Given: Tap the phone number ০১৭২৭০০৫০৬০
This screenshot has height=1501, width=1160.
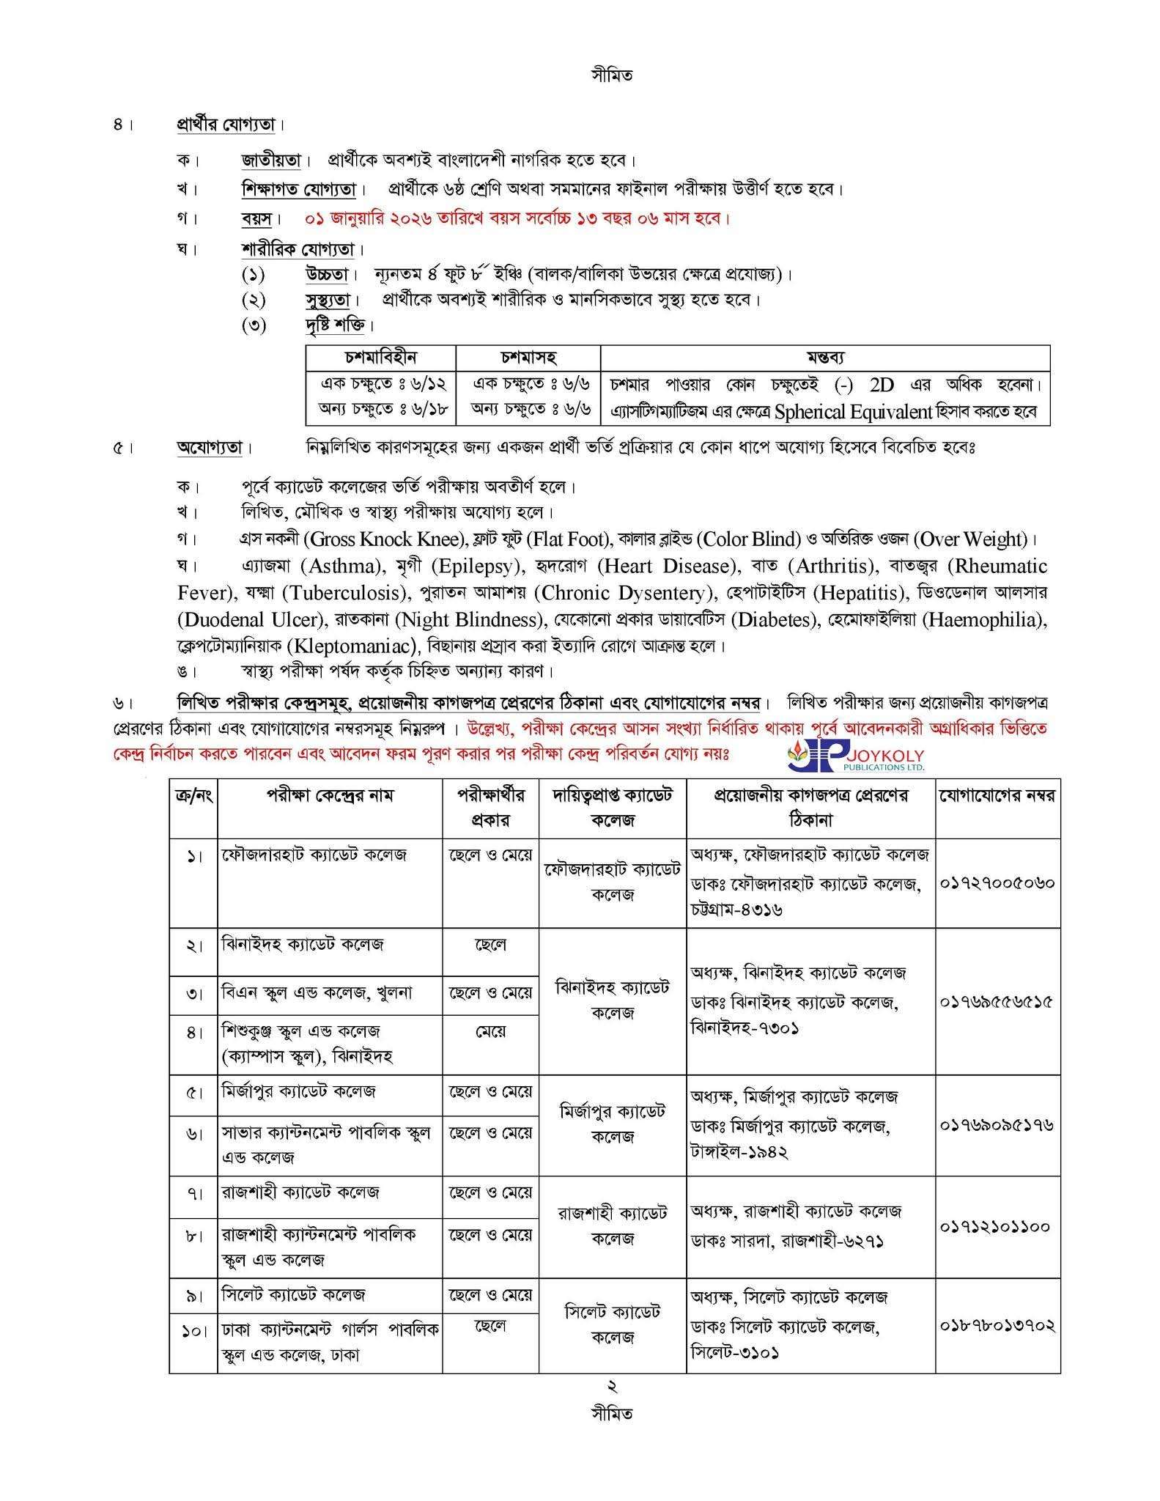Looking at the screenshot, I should click(x=997, y=883).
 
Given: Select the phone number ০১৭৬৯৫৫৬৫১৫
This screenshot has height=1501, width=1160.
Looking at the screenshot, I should click(x=997, y=1002).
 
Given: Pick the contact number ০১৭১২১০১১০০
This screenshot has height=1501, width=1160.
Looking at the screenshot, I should click(x=997, y=1226).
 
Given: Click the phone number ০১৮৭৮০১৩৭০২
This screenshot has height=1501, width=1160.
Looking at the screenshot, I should click(x=997, y=1325).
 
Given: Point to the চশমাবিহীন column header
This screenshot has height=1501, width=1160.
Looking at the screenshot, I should click(x=380, y=358).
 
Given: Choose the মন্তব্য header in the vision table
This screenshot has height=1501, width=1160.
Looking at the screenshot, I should click(x=825, y=358).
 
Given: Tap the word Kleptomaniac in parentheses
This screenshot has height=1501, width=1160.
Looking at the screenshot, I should click(x=355, y=646).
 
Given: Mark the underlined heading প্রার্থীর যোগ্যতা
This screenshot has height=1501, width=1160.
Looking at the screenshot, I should click(x=226, y=125).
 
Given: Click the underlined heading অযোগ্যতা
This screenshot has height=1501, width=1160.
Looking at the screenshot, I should click(x=210, y=447).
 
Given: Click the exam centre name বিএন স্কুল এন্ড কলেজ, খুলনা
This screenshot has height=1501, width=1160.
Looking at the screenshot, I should click(x=317, y=993).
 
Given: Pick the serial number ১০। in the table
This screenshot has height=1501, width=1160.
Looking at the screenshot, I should click(x=193, y=1330).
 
